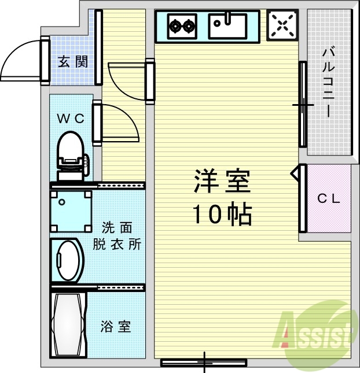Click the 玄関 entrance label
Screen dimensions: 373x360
click(73, 61)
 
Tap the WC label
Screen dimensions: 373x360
click(71, 119)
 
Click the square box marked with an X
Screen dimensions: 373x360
click(282, 25)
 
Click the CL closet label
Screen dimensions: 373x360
click(328, 198)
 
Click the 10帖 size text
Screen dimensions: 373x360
click(222, 215)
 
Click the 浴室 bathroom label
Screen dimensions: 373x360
click(115, 327)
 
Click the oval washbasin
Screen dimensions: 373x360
click(68, 260)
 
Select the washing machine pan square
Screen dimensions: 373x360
click(71, 210)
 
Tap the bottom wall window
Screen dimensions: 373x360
click(204, 363)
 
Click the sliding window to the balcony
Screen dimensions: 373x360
click(302, 105)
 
